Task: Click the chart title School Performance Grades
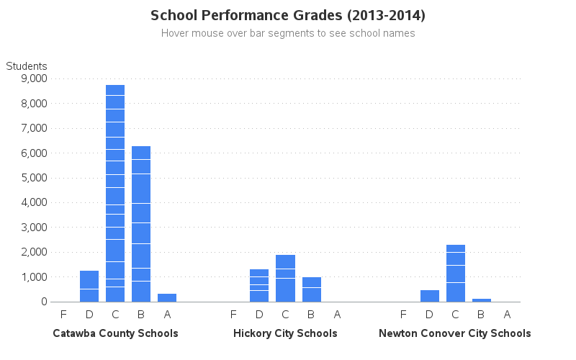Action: (x=288, y=15)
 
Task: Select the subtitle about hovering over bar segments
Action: (x=288, y=33)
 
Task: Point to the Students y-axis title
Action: (x=27, y=66)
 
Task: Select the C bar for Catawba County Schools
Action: (x=115, y=194)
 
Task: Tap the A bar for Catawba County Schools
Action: (x=167, y=298)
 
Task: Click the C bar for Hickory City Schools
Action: (x=285, y=279)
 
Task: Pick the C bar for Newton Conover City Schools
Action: (x=455, y=274)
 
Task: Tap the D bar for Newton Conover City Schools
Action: (x=429, y=296)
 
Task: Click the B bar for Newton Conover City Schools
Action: (x=481, y=300)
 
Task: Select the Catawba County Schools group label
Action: (x=115, y=333)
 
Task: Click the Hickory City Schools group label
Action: (x=285, y=333)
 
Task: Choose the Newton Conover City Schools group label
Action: (x=455, y=333)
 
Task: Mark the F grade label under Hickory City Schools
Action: (x=233, y=314)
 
